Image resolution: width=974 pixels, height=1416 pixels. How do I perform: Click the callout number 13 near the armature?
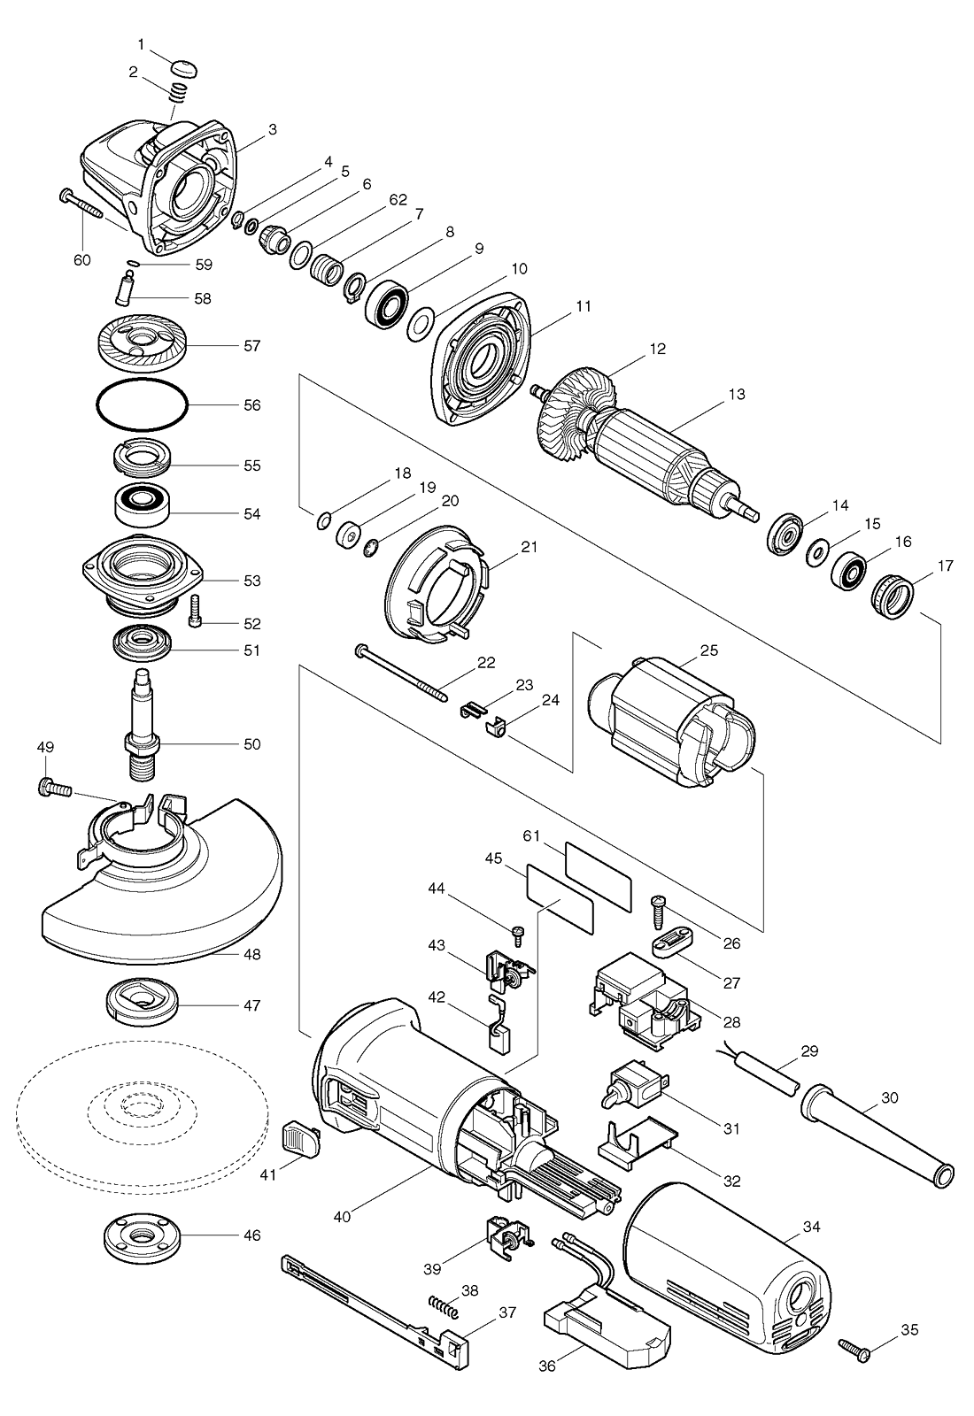coord(737,395)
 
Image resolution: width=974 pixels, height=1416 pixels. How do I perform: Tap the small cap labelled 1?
coord(184,66)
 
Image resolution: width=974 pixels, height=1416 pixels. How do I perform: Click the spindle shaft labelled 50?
coord(143,725)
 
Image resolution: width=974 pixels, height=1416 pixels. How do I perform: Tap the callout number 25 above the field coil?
coord(709,650)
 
